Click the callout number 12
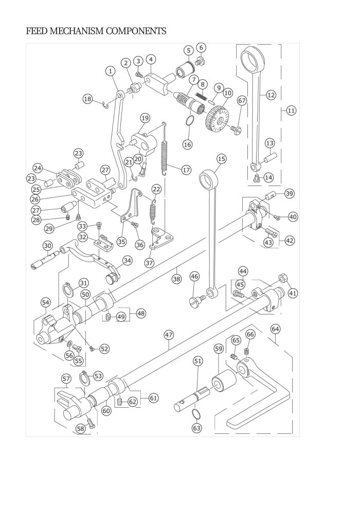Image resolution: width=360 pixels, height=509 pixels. (271, 95)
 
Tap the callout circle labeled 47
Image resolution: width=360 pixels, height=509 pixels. (169, 334)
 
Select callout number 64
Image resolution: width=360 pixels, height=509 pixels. (275, 328)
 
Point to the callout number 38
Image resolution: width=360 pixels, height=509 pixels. (176, 279)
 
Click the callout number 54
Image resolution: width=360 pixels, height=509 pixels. (45, 303)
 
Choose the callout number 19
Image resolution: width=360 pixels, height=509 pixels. (145, 118)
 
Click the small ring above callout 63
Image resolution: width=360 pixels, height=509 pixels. (197, 414)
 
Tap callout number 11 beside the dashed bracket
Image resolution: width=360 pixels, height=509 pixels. (291, 110)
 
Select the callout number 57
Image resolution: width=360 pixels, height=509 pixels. (66, 378)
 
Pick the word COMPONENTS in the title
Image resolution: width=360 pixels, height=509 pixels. (136, 31)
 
